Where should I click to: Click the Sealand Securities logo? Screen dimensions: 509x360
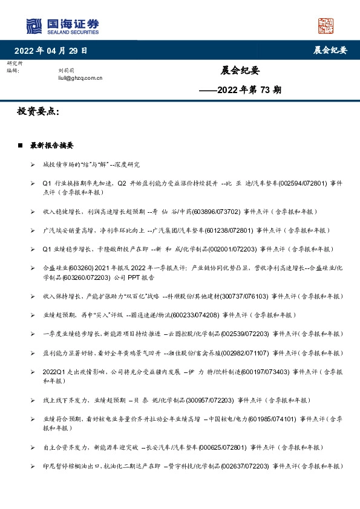(62, 26)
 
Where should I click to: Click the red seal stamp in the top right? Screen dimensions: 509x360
(326, 26)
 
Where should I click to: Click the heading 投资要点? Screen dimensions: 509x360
(38, 112)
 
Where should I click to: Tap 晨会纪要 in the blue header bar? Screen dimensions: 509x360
(331, 50)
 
